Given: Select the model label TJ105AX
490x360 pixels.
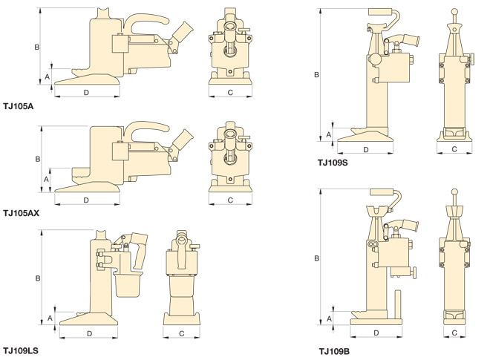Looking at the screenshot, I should click(x=21, y=213).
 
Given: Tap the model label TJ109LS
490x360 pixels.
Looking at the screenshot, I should click(x=21, y=350).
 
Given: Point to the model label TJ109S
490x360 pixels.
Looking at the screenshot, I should click(x=333, y=163).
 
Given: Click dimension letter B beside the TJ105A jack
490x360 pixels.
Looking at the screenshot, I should click(x=37, y=47).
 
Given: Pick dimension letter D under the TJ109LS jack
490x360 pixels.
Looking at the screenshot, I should click(x=90, y=333).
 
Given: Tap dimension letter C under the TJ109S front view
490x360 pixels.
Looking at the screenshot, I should click(x=454, y=150).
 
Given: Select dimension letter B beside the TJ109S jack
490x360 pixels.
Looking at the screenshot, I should click(x=316, y=75).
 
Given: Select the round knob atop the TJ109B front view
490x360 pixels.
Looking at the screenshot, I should click(x=454, y=194).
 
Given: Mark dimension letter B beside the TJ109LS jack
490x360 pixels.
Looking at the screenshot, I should click(x=37, y=278).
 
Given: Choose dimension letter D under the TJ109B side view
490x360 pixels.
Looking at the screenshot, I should click(x=376, y=333).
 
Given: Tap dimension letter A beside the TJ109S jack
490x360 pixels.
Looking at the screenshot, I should click(x=329, y=134).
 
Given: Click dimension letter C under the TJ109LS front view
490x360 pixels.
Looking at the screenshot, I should click(x=182, y=333).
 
